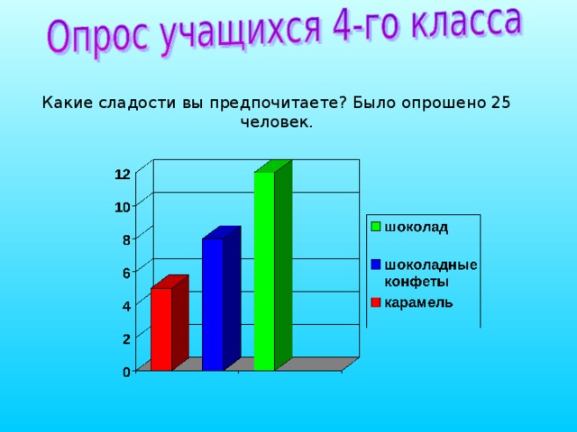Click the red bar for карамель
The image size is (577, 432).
pos(160,328)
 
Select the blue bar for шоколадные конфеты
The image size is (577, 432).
pos(213,304)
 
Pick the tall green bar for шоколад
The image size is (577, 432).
pos(264,270)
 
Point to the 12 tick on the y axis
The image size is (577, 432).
pos(121,173)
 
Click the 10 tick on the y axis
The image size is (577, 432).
pos(121,206)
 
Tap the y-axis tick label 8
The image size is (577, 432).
pos(126,239)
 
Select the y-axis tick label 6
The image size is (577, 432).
pos(126,273)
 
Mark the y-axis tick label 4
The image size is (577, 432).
pos(126,306)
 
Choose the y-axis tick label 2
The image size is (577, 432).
pos(126,338)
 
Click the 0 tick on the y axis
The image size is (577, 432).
pos(126,372)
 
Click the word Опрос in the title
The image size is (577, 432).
pos(99,36)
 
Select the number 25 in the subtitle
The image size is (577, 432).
pos(500,103)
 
